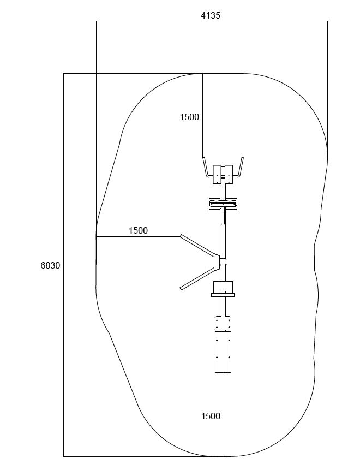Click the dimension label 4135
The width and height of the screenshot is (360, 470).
pos(210,16)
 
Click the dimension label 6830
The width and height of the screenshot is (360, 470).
pos(50,266)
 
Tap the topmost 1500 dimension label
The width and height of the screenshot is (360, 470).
pos(189,117)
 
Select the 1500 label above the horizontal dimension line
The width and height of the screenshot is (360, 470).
pos(138,230)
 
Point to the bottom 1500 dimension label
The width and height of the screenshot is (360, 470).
pos(211,416)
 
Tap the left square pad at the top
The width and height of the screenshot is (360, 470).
pos(217,175)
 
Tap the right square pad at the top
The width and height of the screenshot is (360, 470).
pos(229,175)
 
